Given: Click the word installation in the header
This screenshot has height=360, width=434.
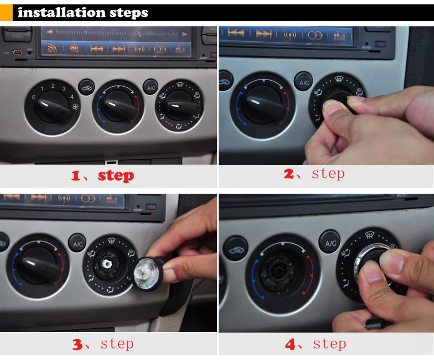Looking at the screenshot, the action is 62,13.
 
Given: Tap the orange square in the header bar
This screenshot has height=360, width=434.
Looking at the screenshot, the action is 6,13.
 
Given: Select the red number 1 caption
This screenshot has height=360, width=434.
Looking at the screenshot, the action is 76,176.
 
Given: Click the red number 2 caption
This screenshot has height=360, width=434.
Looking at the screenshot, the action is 288,174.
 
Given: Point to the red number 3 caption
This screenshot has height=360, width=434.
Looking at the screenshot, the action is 77,345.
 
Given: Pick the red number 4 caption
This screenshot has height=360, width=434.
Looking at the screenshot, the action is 290,345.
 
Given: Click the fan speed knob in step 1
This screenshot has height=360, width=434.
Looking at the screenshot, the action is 52,107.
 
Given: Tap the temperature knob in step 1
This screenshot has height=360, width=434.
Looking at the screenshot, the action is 118,106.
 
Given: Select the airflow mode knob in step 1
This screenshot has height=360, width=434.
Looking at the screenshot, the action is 180,106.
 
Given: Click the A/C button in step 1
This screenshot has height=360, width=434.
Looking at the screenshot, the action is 151,87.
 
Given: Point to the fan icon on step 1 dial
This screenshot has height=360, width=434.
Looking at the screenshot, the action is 75,106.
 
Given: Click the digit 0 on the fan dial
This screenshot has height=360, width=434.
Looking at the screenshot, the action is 34,97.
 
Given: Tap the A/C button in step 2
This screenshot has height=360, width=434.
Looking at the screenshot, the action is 304,82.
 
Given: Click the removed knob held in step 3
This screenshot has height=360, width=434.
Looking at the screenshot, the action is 148,273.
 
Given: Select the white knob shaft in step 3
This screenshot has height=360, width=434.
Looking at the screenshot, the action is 107,263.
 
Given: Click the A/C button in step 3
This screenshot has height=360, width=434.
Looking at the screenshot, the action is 77,244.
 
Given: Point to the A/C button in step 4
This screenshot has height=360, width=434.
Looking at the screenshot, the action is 330,243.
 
